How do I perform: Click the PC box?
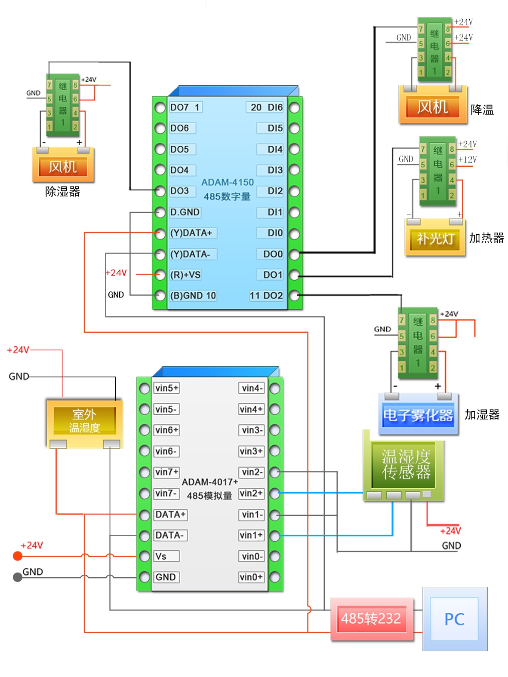(x=455, y=619)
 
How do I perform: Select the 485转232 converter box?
(x=371, y=619)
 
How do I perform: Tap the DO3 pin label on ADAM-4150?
(x=179, y=191)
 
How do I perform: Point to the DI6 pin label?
(x=275, y=107)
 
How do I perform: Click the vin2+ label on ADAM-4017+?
(x=251, y=493)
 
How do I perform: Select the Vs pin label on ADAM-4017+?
(x=161, y=557)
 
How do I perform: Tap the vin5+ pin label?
(x=166, y=388)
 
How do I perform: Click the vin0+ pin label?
(x=251, y=577)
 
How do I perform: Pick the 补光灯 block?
(x=435, y=238)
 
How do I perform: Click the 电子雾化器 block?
(x=418, y=415)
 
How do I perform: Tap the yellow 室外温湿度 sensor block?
(x=84, y=421)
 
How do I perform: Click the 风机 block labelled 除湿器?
(x=63, y=166)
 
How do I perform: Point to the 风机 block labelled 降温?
(x=432, y=107)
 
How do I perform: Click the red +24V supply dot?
(x=18, y=556)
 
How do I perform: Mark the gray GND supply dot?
(x=18, y=577)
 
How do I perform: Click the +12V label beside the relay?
(x=468, y=160)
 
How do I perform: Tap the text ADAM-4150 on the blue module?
(x=228, y=182)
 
